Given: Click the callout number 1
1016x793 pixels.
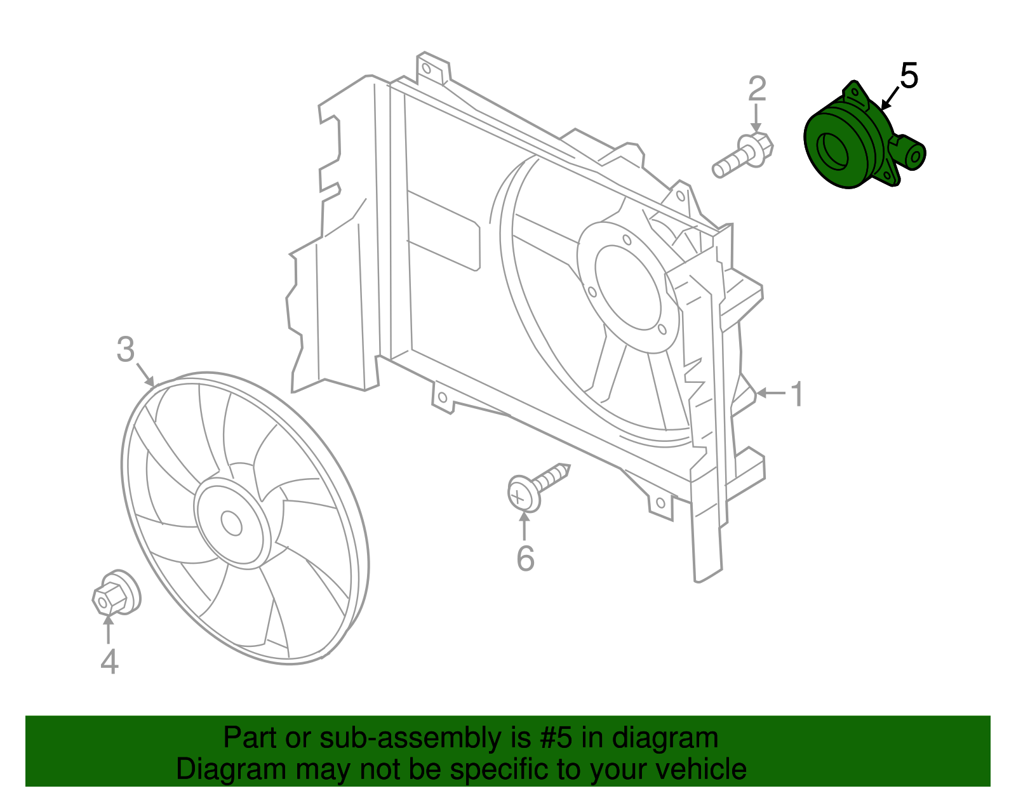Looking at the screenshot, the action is coord(797,394).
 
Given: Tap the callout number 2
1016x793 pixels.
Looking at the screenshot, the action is coord(756,89).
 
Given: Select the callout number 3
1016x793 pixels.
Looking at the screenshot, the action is coord(126,349).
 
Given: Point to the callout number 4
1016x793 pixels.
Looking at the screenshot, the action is coord(109,662).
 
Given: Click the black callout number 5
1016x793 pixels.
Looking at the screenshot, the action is coord(909,76).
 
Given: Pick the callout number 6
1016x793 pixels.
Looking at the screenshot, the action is coord(525,559).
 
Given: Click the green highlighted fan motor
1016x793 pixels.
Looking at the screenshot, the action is coord(851,143).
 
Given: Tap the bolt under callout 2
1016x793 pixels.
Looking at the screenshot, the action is coord(743,156).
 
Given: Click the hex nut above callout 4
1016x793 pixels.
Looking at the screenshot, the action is coord(114,594).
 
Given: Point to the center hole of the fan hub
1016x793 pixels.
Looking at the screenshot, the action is coord(231,524).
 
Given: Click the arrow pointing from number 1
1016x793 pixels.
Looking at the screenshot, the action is coord(770,394).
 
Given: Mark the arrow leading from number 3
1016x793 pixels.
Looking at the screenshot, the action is coord(145,375).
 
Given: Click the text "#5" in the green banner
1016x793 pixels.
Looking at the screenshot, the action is coord(556,738).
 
